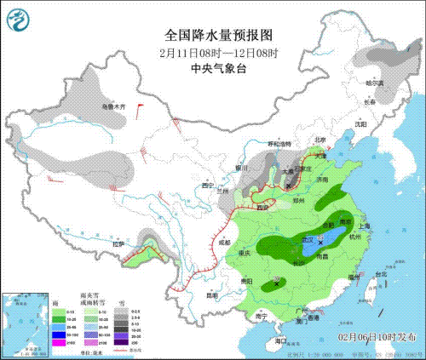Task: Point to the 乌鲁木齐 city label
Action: tap(114, 106)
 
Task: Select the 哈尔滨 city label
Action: tap(375, 83)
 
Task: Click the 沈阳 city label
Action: tap(360, 124)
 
